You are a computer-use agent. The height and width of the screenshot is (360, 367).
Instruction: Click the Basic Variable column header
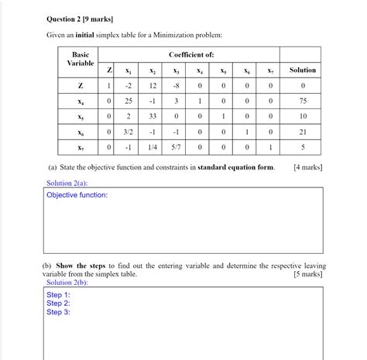point(81,59)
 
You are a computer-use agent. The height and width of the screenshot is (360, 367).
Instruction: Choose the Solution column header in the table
point(303,70)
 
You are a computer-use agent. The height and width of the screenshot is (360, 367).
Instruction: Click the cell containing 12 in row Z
point(153,85)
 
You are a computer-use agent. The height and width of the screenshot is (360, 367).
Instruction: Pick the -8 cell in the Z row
point(177,85)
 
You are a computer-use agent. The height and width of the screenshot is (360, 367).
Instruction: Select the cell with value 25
point(130,101)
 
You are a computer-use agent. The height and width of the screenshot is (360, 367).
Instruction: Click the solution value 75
point(303,101)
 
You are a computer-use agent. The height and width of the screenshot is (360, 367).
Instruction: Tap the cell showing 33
point(153,116)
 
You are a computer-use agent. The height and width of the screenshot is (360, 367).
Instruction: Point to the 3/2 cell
point(130,132)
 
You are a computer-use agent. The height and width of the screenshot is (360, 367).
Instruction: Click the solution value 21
point(303,132)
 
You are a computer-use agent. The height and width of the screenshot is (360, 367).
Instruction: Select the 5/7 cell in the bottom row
point(177,147)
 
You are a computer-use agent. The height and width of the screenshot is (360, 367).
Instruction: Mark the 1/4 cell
point(153,147)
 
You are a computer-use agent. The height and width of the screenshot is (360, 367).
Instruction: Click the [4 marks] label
point(308,166)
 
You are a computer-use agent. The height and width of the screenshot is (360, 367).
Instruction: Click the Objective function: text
point(77,195)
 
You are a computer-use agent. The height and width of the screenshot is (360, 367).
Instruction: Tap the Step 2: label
point(58,303)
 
